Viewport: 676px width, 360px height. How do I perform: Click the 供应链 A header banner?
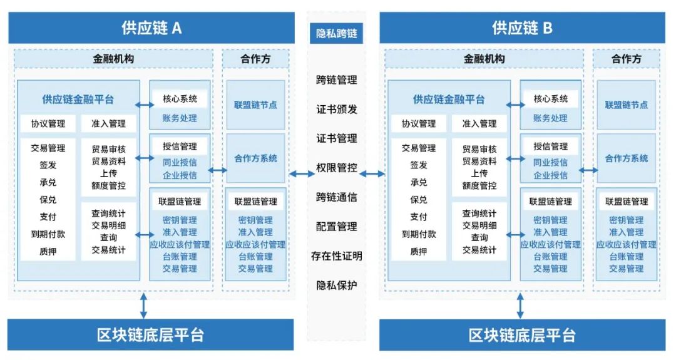151,28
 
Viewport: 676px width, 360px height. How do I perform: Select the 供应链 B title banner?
521,28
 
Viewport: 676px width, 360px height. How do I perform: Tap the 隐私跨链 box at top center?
336,33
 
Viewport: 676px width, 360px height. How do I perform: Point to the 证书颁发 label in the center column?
336,109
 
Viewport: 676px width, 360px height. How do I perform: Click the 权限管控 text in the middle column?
336,168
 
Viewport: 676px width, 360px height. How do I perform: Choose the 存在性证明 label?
336,256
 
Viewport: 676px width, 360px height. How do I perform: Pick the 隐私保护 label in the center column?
336,285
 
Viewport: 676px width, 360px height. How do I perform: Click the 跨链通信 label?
336,197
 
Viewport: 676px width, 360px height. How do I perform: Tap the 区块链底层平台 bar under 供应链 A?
151,335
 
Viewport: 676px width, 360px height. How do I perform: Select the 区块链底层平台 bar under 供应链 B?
521,335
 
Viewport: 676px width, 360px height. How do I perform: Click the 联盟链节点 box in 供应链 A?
255,105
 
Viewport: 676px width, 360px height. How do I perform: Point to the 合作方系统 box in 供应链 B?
626,158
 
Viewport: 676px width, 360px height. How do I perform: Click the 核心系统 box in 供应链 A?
180,99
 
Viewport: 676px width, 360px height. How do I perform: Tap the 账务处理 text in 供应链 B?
550,118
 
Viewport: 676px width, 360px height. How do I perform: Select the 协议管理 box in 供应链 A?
48,124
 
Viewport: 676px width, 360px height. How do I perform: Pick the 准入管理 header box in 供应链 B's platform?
479,124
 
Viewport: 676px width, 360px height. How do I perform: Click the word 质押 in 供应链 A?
48,252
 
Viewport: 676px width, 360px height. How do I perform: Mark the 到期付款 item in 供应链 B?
419,234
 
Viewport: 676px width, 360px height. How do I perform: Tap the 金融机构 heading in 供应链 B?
484,59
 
